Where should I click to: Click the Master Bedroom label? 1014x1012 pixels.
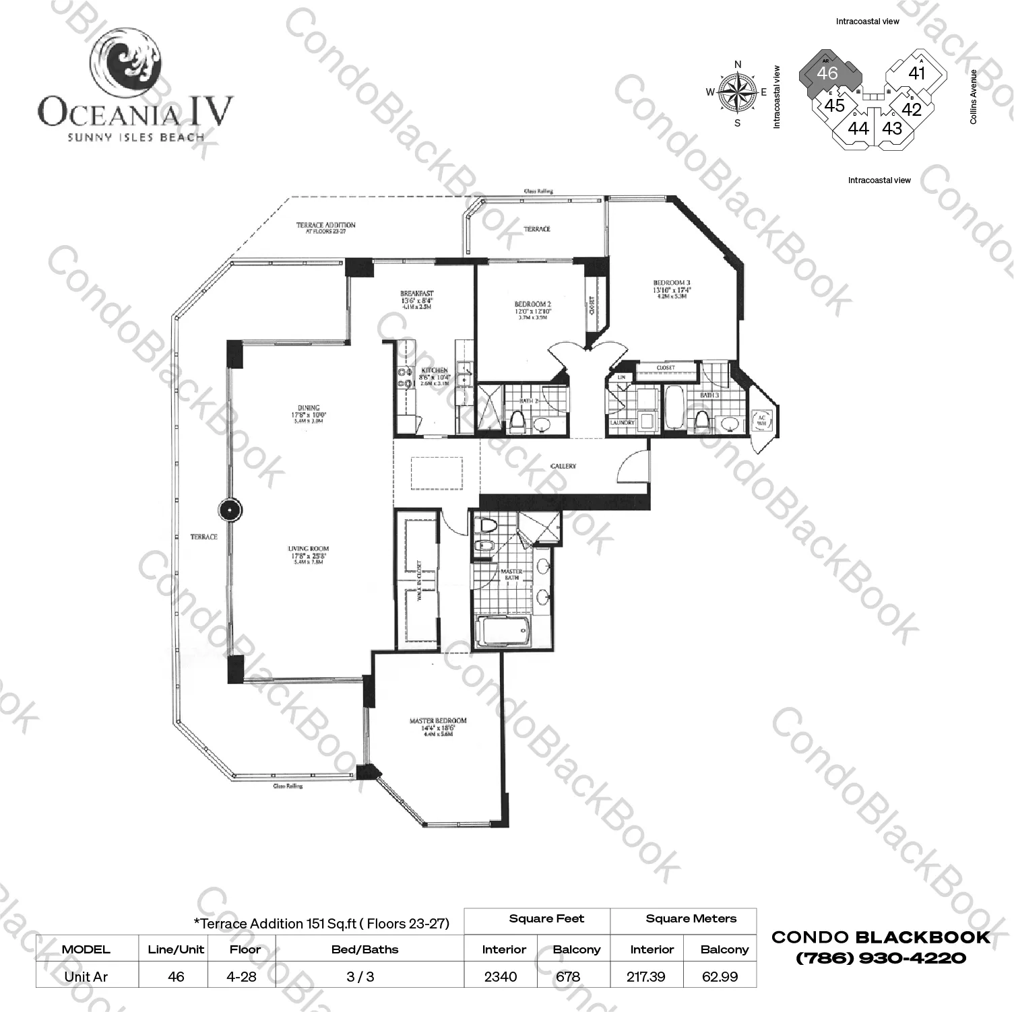pyautogui.click(x=438, y=721)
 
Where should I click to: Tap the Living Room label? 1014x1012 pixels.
pyautogui.click(x=309, y=549)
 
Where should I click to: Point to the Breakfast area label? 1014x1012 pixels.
pyautogui.click(x=416, y=294)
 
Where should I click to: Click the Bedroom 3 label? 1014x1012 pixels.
pyautogui.click(x=671, y=283)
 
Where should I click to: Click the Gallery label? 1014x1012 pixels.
pyautogui.click(x=563, y=466)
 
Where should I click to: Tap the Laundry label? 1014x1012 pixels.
pyautogui.click(x=622, y=423)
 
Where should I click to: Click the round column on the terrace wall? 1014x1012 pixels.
pyautogui.click(x=230, y=510)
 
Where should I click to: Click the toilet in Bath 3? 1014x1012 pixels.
pyautogui.click(x=701, y=421)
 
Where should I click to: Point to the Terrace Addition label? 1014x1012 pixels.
pyautogui.click(x=326, y=226)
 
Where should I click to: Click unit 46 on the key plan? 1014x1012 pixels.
pyautogui.click(x=827, y=73)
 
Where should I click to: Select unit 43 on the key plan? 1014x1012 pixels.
pyautogui.click(x=892, y=128)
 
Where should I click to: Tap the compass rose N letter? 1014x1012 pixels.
pyautogui.click(x=738, y=65)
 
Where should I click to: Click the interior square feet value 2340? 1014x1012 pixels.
pyautogui.click(x=501, y=976)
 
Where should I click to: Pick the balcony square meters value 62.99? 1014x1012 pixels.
pyautogui.click(x=720, y=976)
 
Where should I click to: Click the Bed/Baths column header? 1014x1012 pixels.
pyautogui.click(x=365, y=949)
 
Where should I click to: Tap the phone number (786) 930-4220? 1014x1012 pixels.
pyautogui.click(x=881, y=957)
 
